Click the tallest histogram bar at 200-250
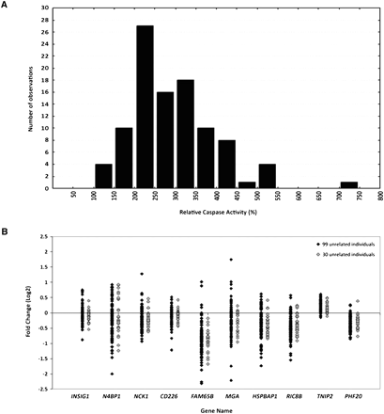coord(146,106)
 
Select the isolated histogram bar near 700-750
coord(348,184)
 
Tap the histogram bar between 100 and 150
coord(103,176)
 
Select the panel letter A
coord(8,7)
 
